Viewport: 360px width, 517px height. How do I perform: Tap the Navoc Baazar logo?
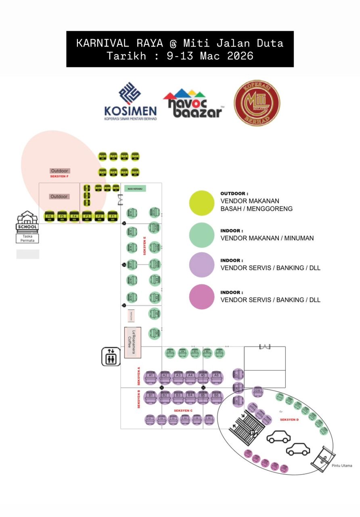pos(193,104)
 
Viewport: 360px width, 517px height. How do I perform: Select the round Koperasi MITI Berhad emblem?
pos(257,103)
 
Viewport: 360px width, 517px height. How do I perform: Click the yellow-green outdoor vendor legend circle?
pos(202,203)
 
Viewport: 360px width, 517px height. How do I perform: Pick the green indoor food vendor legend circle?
pos(202,235)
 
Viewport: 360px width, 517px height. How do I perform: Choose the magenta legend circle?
pos(202,297)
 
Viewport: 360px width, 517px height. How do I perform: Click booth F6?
pos(49,216)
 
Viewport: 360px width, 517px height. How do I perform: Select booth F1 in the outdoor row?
pos(112,216)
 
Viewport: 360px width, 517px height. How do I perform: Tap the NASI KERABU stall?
pos(135,189)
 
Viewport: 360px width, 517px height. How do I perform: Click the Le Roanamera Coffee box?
pos(132,342)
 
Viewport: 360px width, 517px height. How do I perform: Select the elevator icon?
pos(111,357)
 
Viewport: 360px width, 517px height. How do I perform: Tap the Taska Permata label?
pos(27,238)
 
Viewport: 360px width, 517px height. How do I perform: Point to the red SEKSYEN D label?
pos(289,420)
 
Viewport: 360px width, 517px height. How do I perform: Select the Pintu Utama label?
pos(342,466)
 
